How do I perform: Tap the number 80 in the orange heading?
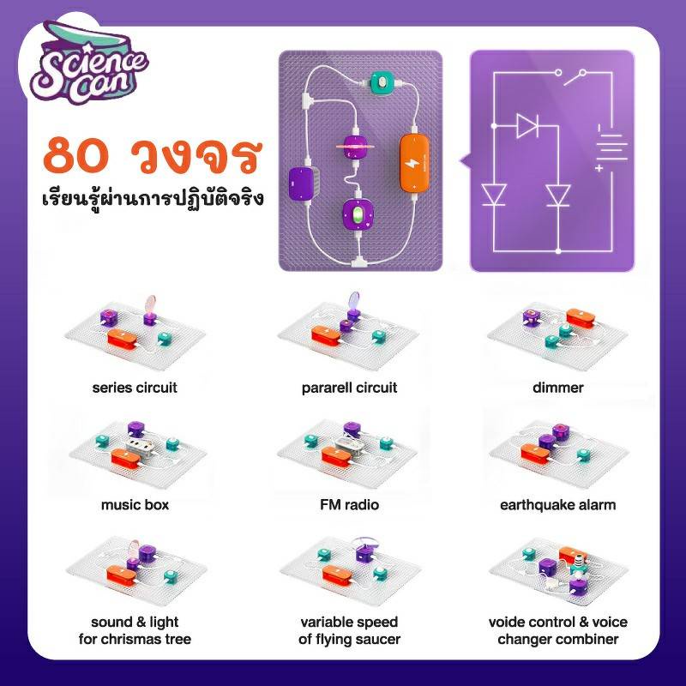click(75, 156)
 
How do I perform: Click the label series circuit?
click(135, 388)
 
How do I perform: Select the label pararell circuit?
click(349, 388)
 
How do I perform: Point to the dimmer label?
click(558, 388)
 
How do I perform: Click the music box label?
click(135, 505)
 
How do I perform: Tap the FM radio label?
click(349, 505)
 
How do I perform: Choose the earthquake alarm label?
click(558, 505)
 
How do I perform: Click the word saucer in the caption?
click(378, 639)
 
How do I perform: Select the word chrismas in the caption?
click(135, 639)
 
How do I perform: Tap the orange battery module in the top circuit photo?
click(414, 163)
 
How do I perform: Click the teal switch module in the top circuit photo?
click(382, 82)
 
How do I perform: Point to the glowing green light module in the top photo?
click(358, 215)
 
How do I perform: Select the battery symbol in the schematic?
click(611, 147)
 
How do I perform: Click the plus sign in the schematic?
click(599, 168)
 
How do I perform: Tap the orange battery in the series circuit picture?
click(123, 339)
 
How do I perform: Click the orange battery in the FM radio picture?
click(336, 456)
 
